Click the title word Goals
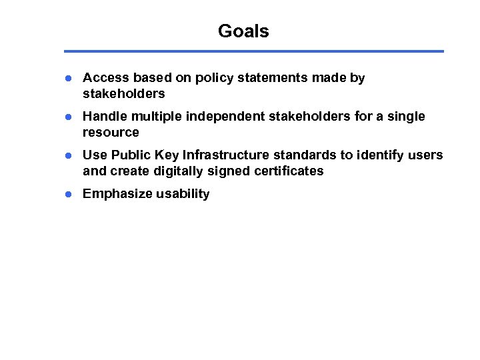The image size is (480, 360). pyautogui.click(x=243, y=31)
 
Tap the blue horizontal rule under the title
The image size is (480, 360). pyautogui.click(x=253, y=51)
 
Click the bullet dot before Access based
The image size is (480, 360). pyautogui.click(x=68, y=78)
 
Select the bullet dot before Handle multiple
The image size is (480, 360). pyautogui.click(x=68, y=117)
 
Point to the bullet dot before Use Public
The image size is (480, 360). pyautogui.click(x=68, y=155)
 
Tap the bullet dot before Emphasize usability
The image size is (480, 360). pyautogui.click(x=68, y=194)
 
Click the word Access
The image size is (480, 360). pyautogui.click(x=105, y=78)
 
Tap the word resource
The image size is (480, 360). pyautogui.click(x=111, y=132)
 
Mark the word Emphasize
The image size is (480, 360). pyautogui.click(x=117, y=194)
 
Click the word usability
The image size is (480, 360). pyautogui.click(x=183, y=194)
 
